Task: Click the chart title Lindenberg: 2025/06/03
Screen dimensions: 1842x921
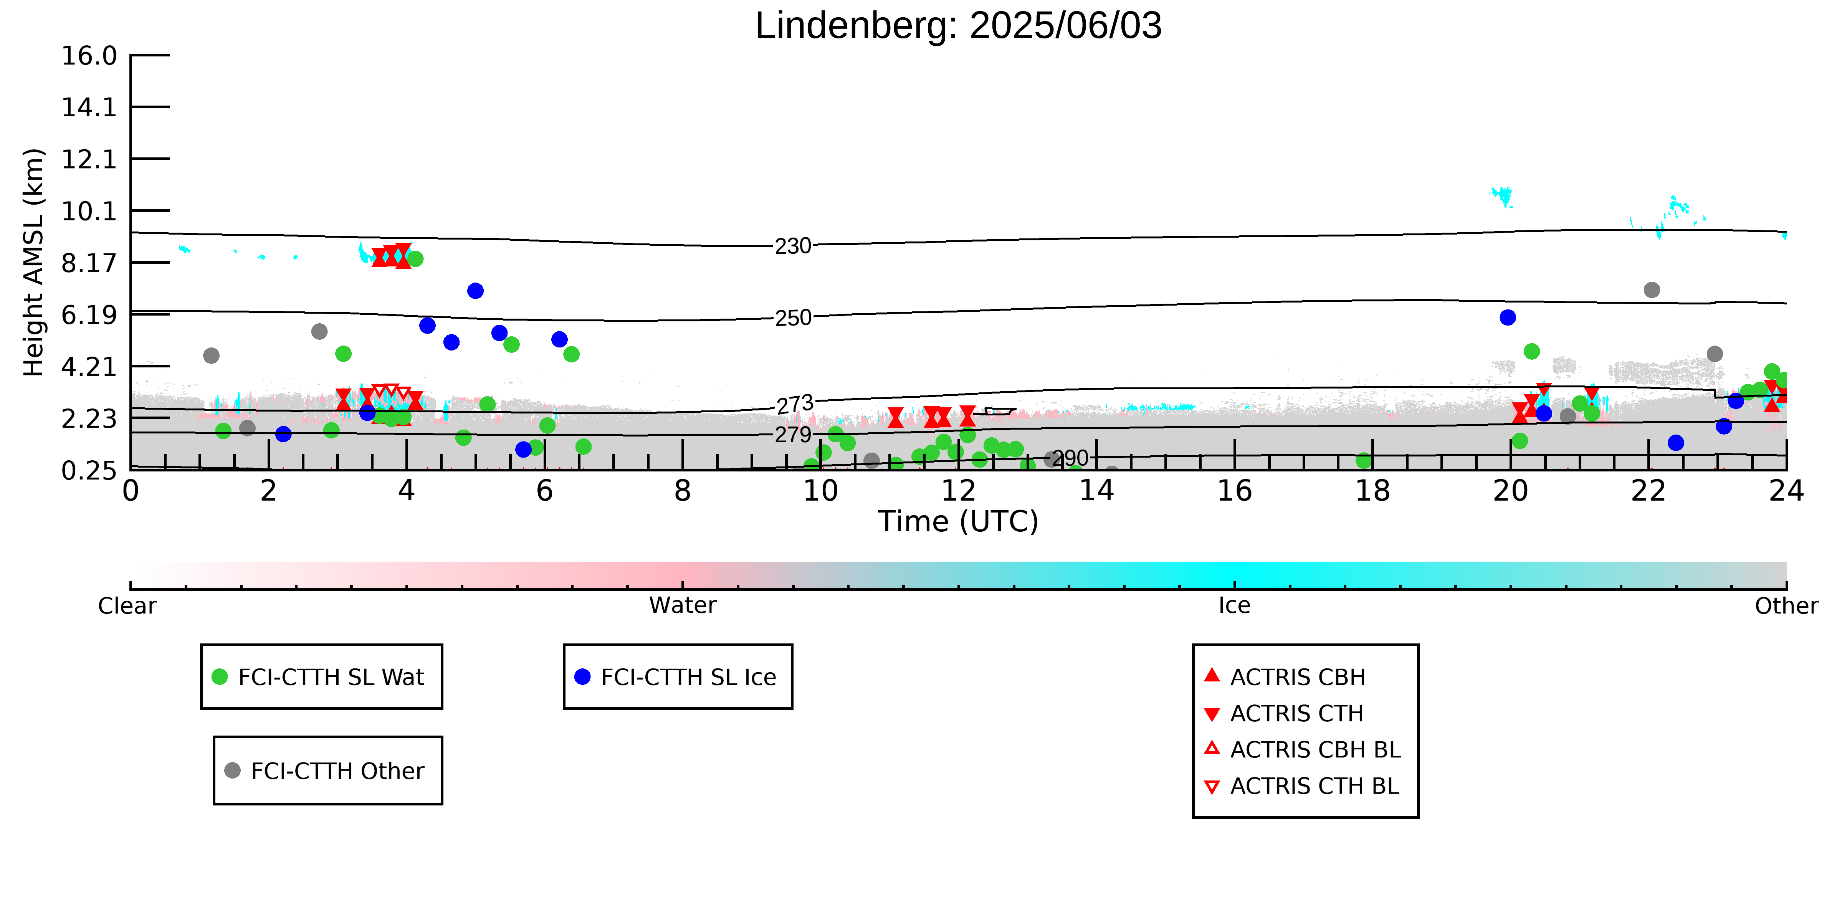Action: click(958, 26)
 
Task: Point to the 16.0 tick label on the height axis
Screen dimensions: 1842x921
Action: click(89, 55)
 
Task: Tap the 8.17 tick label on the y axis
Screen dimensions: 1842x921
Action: click(89, 263)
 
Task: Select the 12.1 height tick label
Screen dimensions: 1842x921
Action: click(89, 159)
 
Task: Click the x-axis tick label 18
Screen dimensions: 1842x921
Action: click(1372, 491)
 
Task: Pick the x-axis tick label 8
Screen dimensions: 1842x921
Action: click(683, 491)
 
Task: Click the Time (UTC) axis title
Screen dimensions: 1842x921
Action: click(958, 521)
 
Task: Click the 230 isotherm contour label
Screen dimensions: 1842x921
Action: click(793, 246)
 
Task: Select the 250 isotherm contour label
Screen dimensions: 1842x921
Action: click(793, 317)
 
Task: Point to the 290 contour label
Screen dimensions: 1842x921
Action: click(1070, 458)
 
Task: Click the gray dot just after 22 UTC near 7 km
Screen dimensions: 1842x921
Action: click(1652, 289)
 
